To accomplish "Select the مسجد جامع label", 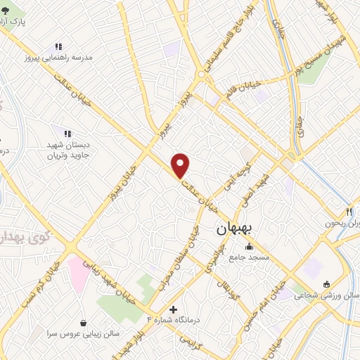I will coord(248,257).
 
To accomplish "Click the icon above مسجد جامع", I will coord(248,246).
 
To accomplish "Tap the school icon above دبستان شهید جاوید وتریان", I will coord(68,133).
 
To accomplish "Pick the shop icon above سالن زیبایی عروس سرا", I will coord(84,323).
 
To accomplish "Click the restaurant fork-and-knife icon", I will coord(349,211).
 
